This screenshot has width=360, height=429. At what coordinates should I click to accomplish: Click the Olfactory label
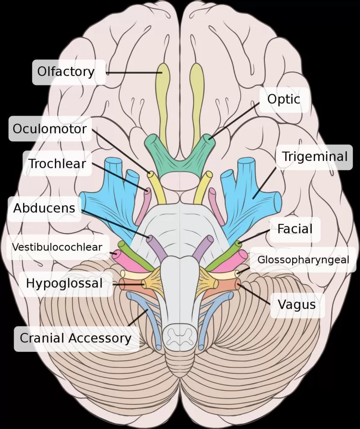[66, 72]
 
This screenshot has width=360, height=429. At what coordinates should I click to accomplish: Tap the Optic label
[284, 100]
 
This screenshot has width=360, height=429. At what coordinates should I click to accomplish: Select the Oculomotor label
[49, 129]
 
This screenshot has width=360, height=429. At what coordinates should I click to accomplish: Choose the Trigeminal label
[314, 157]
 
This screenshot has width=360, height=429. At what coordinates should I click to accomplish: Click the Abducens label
[44, 208]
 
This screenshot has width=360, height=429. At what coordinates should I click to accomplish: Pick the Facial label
[295, 229]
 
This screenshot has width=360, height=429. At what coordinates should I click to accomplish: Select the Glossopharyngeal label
[303, 259]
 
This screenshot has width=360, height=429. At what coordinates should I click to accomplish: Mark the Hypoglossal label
[64, 283]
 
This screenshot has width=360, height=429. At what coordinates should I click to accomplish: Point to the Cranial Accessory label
[75, 338]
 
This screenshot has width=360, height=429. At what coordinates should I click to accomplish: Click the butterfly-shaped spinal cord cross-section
[180, 335]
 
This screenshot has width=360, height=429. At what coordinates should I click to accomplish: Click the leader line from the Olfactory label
[134, 73]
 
